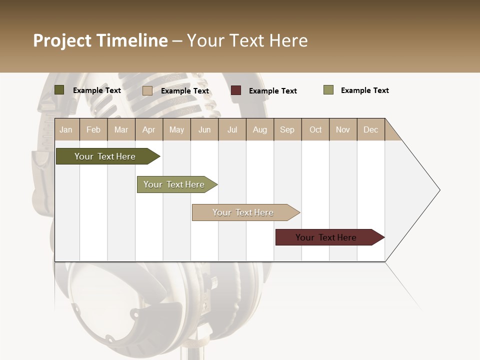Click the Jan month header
66,129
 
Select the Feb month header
93,129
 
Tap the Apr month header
149,129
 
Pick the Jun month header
204,129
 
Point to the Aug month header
260,129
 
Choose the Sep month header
287,129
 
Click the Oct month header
315,129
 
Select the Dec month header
371,129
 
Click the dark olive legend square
59,90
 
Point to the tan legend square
147,90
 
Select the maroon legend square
236,90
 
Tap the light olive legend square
328,90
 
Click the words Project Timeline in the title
100,40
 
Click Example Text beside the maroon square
273,91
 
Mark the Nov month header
343,129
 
